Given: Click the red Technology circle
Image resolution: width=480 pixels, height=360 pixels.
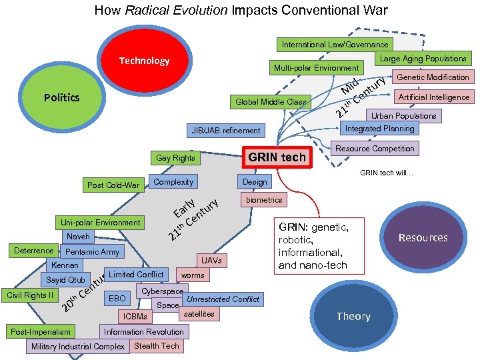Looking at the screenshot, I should (144, 62).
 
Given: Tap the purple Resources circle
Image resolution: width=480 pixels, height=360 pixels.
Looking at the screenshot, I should (423, 238).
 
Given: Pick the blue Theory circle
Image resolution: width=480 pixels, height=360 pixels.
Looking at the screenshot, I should (353, 317).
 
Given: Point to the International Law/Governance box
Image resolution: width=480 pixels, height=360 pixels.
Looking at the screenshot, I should (335, 45).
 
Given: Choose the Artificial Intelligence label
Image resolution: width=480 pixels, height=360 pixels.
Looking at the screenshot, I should (433, 97).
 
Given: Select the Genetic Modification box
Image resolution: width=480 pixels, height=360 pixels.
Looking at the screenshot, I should (433, 77).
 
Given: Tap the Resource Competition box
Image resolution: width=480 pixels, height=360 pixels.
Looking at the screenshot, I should (375, 148).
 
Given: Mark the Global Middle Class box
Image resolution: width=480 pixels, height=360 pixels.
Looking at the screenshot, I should (271, 102).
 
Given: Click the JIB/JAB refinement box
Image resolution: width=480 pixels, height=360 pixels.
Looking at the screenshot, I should (226, 131).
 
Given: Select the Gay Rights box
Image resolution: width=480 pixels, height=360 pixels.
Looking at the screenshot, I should (175, 158).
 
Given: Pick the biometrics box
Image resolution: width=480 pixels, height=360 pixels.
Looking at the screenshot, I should (264, 200).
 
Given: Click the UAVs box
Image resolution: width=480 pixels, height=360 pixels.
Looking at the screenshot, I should (211, 260).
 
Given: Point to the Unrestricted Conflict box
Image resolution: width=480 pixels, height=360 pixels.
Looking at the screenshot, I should (223, 299).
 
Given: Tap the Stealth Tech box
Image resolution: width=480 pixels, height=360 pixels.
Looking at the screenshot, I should (157, 346).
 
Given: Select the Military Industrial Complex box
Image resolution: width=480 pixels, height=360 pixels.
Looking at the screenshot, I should (78, 347).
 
